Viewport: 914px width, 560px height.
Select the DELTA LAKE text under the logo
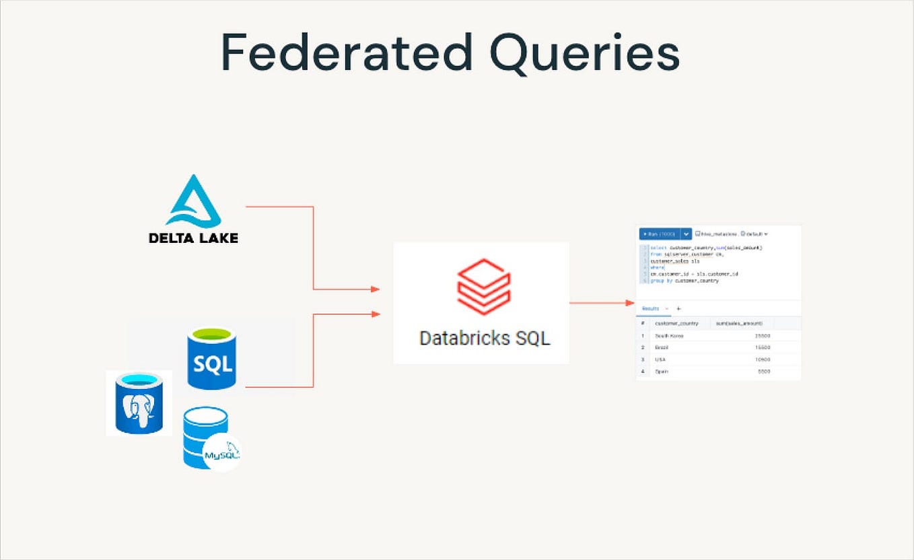point(193,238)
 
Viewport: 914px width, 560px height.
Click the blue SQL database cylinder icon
point(212,358)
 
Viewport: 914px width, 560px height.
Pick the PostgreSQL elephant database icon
point(139,403)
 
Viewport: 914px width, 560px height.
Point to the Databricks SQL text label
point(484,337)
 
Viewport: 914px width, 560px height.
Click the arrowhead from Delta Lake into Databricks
point(375,289)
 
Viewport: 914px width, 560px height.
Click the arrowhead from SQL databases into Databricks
point(375,314)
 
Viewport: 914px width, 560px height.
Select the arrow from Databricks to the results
point(602,303)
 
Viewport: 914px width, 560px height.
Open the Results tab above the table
point(650,308)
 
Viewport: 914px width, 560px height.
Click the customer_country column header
point(676,324)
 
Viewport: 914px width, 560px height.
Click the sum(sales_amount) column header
point(739,324)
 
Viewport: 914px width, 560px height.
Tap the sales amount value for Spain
point(764,372)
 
